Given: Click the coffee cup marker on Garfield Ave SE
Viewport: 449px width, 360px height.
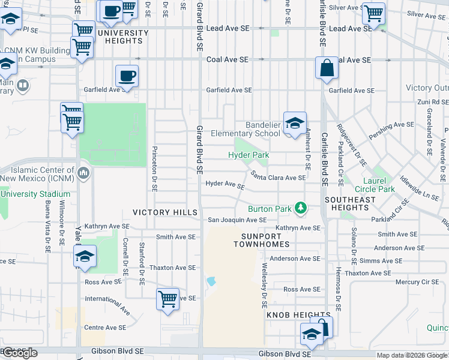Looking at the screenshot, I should click(127, 77).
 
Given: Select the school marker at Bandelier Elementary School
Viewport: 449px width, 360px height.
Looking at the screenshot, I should click(295, 124).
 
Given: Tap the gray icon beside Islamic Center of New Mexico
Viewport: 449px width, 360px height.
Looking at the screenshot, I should click(83, 174).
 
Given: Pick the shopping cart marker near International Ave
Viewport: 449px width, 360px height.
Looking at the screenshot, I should click(167, 299).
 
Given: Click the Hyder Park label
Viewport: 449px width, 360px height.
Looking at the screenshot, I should click(248, 155).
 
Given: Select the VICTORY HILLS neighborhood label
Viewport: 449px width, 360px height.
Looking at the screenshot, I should click(164, 213).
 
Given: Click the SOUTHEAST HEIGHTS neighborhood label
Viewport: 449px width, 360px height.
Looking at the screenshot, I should click(350, 203).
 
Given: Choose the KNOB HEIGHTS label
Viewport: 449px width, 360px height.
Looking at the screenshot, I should click(291, 315).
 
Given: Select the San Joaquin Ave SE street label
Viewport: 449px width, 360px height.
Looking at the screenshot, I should click(237, 220).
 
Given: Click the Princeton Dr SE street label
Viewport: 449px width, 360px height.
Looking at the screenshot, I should click(154, 168).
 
